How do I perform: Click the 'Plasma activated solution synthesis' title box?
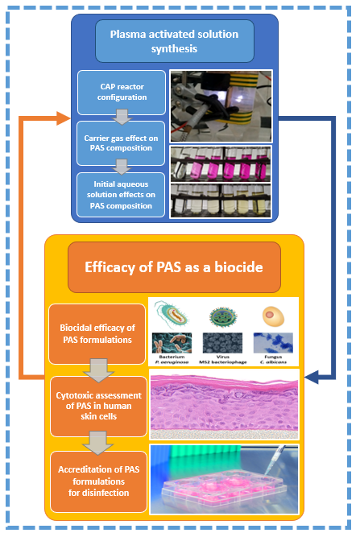[174, 41]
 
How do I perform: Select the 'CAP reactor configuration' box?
[122, 93]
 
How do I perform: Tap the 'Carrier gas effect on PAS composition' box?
[121, 143]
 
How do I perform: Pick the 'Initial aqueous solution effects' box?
[121, 195]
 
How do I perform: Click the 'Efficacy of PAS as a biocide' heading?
[174, 267]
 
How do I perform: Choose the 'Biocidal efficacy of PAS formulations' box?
[97, 334]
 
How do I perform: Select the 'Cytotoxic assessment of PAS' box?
[98, 407]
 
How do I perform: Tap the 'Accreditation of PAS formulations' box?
[98, 481]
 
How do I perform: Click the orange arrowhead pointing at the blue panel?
[63, 118]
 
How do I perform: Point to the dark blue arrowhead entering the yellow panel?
[312, 378]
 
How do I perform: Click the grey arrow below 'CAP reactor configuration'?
[122, 117]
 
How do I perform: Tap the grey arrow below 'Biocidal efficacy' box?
[98, 370]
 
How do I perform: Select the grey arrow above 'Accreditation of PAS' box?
[98, 443]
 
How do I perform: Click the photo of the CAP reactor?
[221, 105]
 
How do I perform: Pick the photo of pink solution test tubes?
[221, 164]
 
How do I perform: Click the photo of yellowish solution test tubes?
[221, 200]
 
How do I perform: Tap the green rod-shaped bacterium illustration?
[172, 315]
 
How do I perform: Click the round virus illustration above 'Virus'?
[222, 316]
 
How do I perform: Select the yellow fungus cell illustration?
[273, 316]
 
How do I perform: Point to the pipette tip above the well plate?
[266, 473]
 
